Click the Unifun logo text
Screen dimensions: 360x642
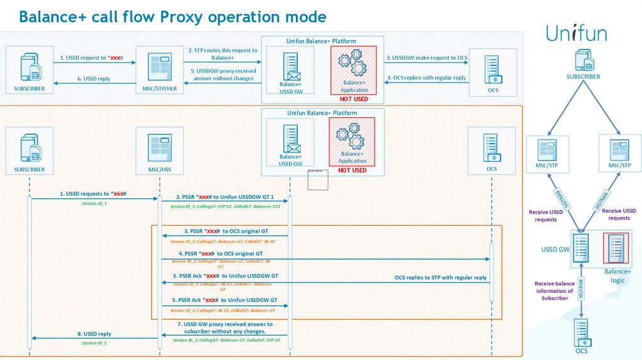pos(576,33)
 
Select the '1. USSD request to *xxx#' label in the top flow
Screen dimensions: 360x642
pos(92,58)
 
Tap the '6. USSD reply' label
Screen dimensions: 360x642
pos(93,78)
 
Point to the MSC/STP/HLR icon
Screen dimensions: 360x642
pos(159,68)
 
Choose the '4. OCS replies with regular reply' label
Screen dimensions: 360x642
pos(426,78)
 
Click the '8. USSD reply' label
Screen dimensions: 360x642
pos(95,334)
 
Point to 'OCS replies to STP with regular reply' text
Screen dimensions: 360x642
pos(440,277)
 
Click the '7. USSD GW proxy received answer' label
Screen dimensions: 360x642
pos(224,327)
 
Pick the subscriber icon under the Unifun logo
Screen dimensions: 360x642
pos(582,61)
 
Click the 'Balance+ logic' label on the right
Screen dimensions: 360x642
pos(617,275)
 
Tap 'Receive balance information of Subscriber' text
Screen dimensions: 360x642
pos(555,291)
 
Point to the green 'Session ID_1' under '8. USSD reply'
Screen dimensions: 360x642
pos(95,343)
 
